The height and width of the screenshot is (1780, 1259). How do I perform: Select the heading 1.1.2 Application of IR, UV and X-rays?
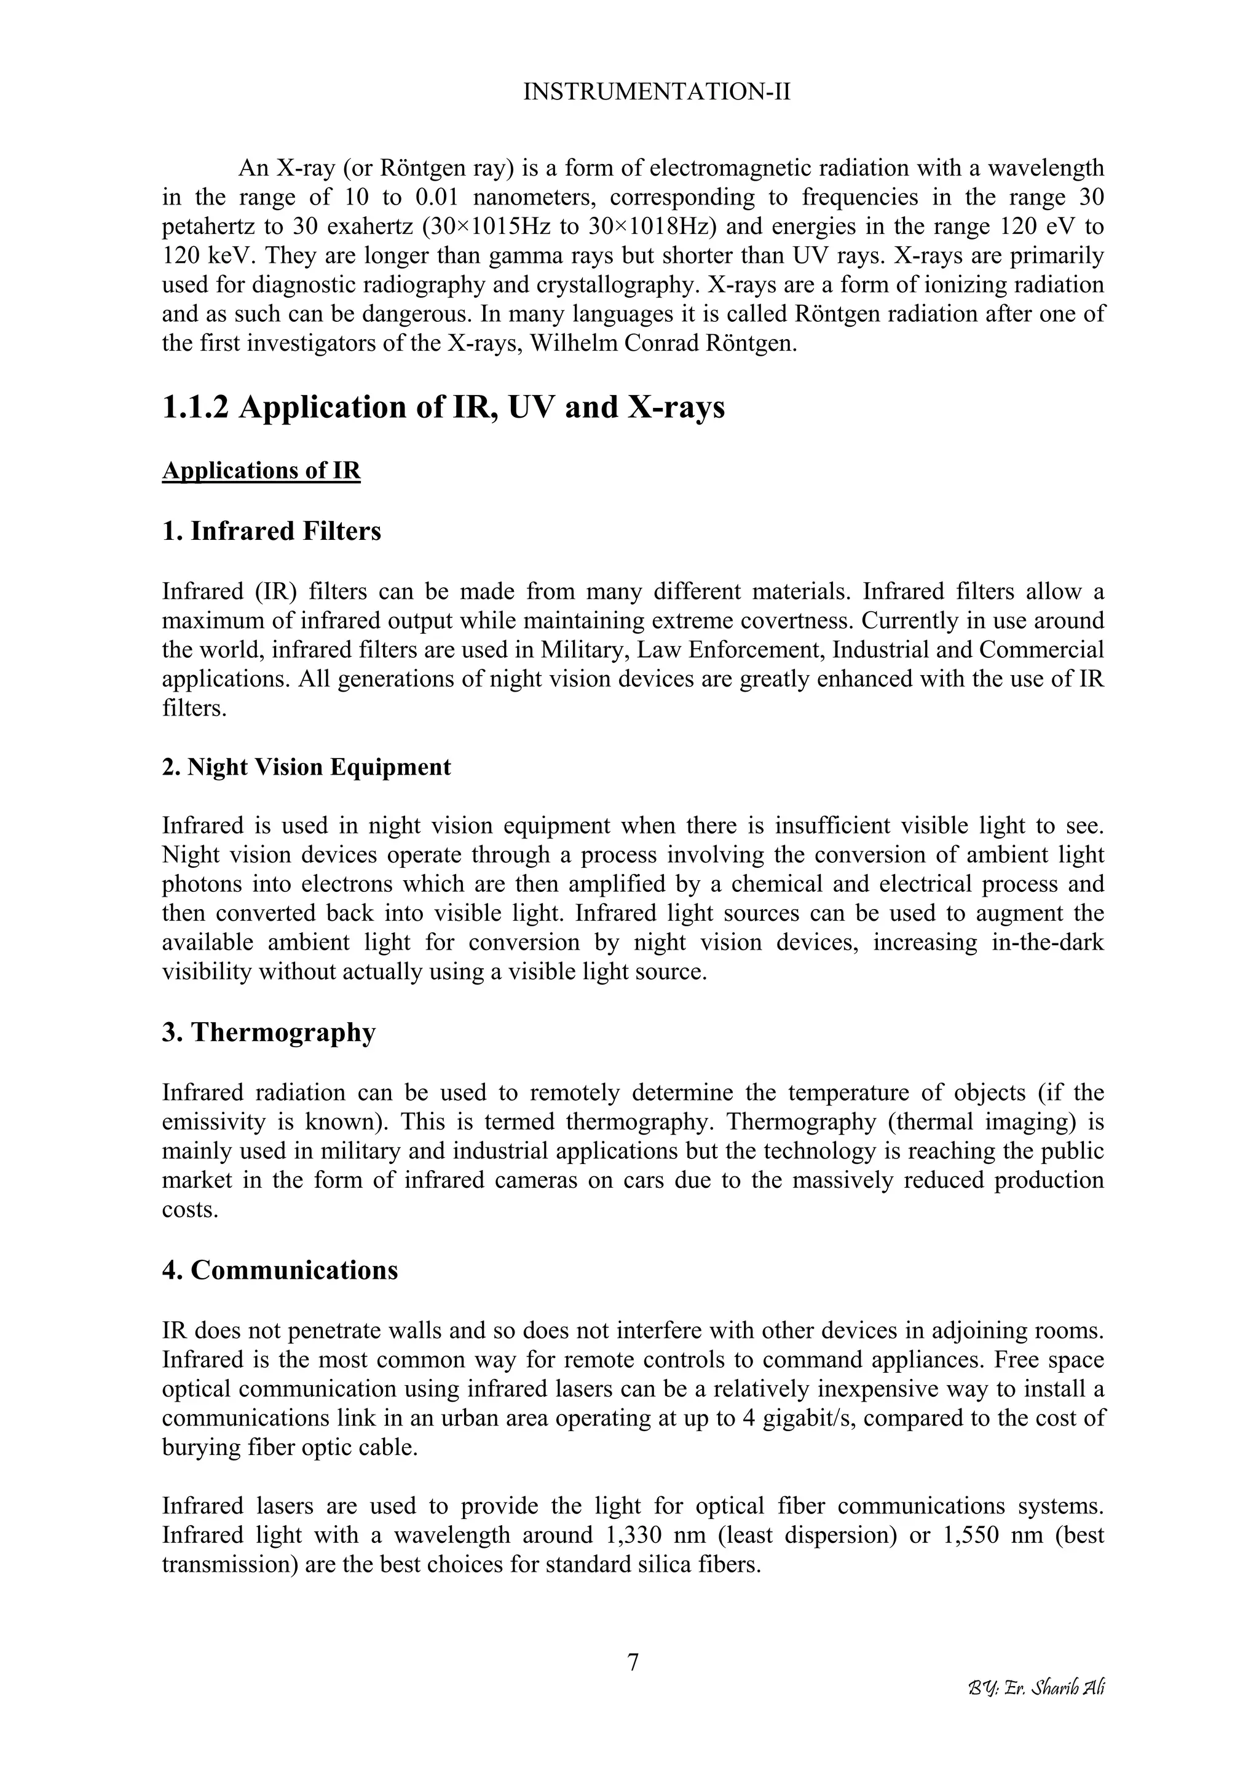coord(443,408)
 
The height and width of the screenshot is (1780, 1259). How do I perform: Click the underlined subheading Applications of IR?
coord(261,470)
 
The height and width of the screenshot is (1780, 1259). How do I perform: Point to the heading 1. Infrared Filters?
coord(272,532)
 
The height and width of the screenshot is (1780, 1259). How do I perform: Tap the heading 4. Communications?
coord(280,1270)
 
